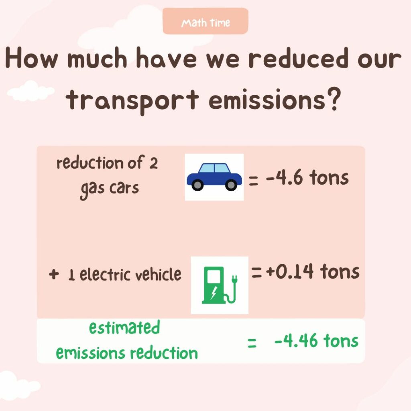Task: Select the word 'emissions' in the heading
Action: tap(267, 100)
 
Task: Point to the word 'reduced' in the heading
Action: tap(299, 58)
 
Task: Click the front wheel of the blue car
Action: tap(231, 185)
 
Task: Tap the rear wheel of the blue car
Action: tap(197, 185)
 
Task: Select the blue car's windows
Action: tap(214, 168)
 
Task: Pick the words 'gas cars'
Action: tap(110, 189)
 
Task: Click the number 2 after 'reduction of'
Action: tap(154, 164)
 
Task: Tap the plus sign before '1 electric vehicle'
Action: tap(54, 274)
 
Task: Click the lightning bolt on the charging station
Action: tap(214, 293)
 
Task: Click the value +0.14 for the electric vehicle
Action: tap(289, 271)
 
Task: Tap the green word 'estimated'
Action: tap(124, 327)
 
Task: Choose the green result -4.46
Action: tap(296, 340)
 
